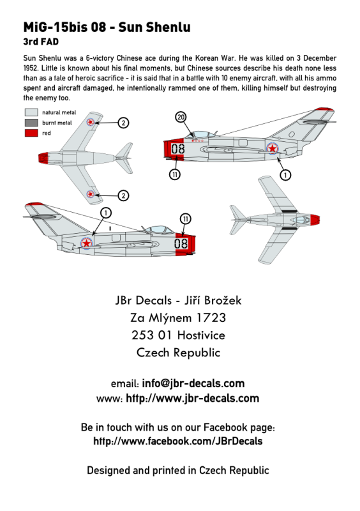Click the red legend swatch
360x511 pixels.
coord(31,133)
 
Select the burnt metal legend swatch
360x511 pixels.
coord(31,123)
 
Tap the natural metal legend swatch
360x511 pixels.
coord(31,112)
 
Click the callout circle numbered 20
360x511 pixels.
coord(181,118)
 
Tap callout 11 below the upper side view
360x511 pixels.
coord(175,174)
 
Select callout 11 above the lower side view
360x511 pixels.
coord(185,219)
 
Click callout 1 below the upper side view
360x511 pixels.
coord(285,175)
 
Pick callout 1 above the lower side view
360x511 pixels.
coord(106,213)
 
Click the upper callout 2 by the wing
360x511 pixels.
coord(123,123)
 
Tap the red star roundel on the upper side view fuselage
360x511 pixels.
coord(273,149)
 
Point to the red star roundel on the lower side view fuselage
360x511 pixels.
coord(86,243)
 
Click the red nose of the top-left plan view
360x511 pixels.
coord(43,158)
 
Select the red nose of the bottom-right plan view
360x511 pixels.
coord(315,220)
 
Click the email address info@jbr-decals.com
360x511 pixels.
coord(193,383)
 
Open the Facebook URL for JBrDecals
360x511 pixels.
coord(178,441)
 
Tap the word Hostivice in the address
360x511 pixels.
coord(201,335)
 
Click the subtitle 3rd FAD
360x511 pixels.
coord(41,42)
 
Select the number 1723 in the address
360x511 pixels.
coord(211,317)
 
